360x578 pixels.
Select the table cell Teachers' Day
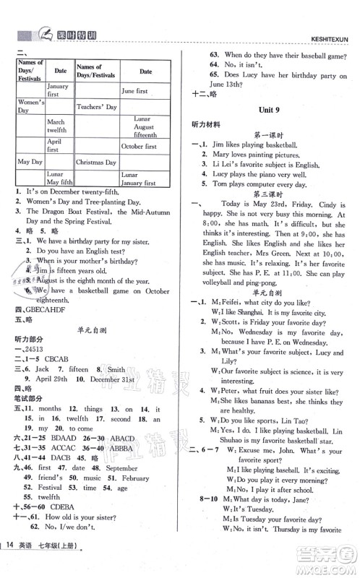(x=96, y=106)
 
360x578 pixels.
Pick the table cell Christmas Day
(x=96, y=163)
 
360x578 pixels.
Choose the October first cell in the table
(x=139, y=146)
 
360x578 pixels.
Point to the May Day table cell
(x=29, y=162)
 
